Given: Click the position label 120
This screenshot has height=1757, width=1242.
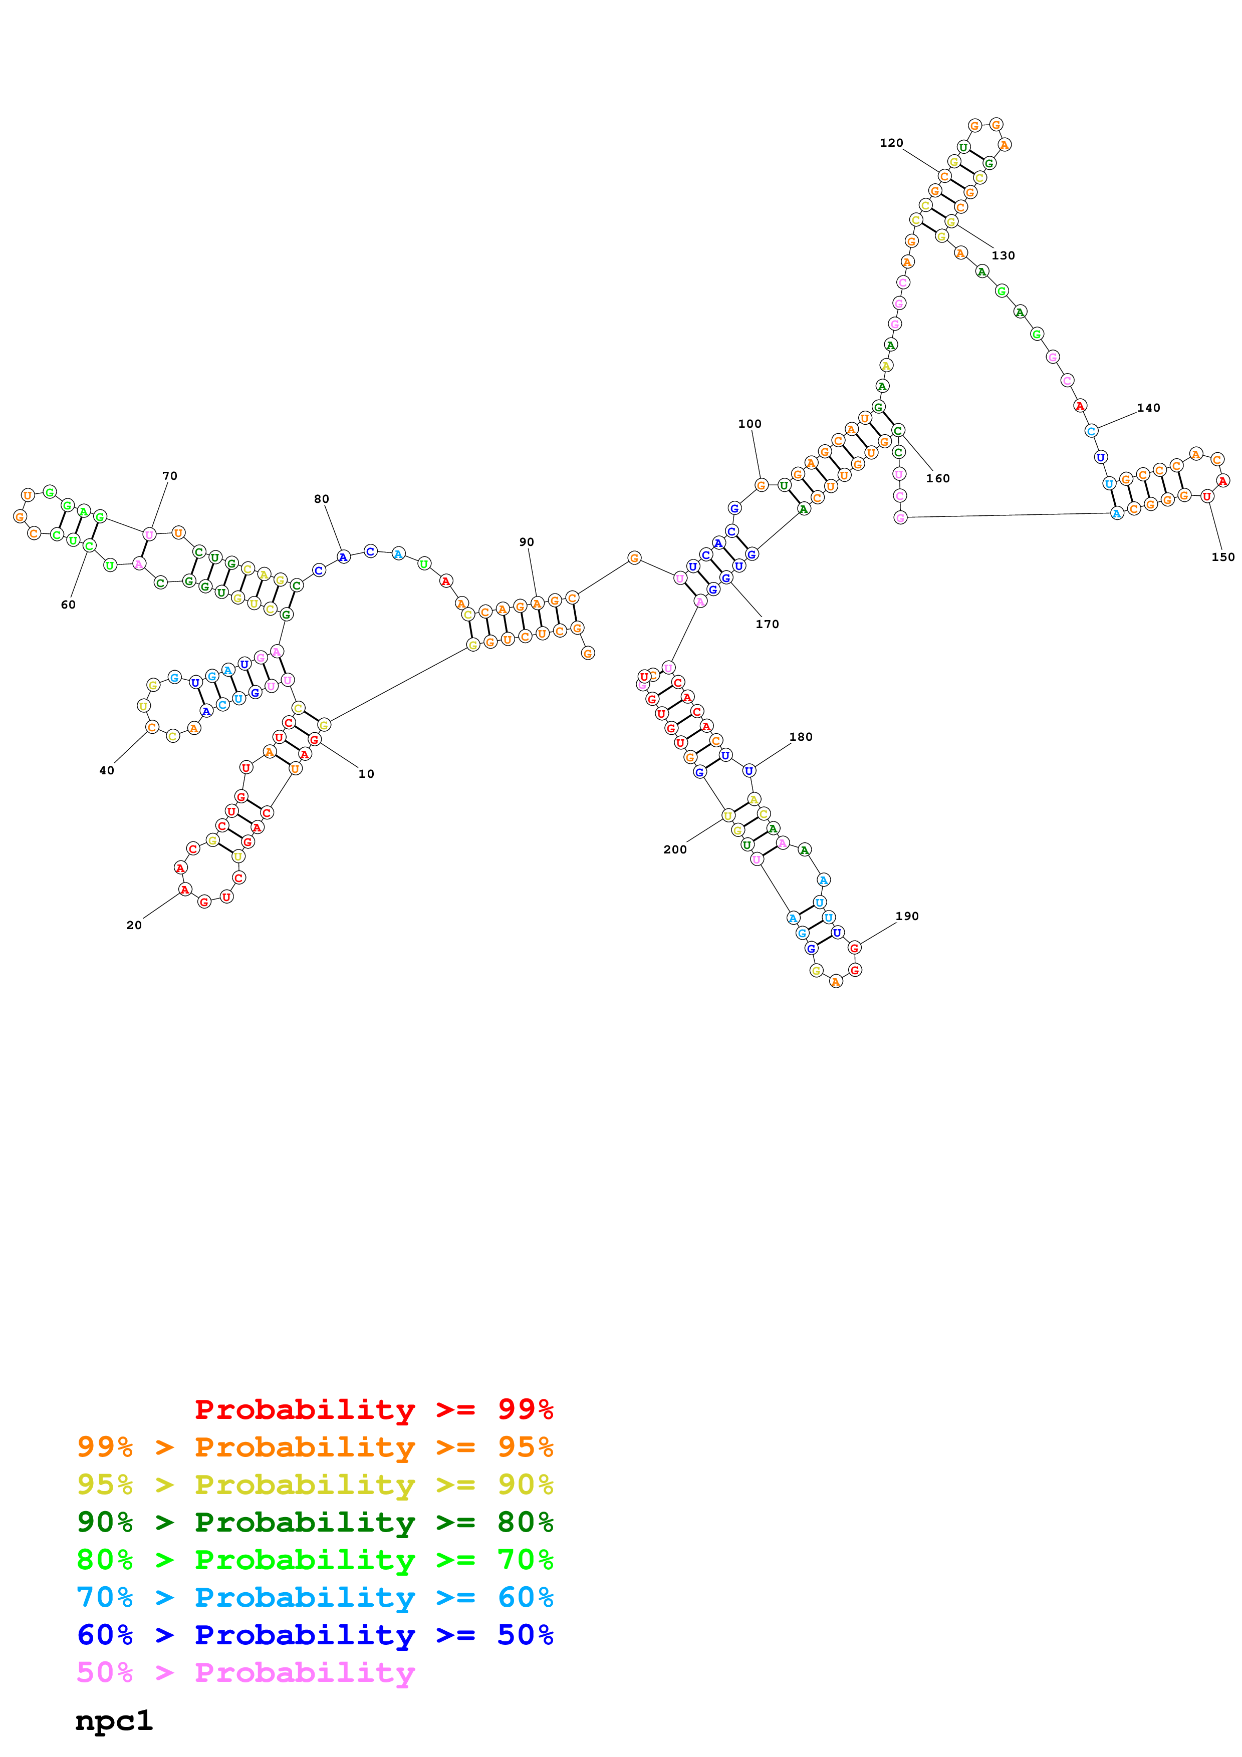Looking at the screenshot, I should click(x=891, y=143).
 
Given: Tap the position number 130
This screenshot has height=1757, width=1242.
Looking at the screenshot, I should click(x=1003, y=255).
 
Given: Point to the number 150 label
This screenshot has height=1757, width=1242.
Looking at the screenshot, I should click(x=1222, y=557).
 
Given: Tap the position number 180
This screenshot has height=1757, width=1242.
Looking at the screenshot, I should click(x=801, y=737).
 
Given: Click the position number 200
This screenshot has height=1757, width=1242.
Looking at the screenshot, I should click(x=675, y=849).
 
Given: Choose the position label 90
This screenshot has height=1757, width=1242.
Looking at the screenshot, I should click(x=527, y=542).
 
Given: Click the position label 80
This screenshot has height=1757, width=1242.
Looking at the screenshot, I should click(x=322, y=499).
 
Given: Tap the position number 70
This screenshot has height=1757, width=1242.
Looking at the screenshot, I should click(x=170, y=476).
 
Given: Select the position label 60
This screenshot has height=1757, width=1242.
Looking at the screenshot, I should click(x=68, y=605).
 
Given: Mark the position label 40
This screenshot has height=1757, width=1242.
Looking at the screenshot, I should click(x=106, y=771).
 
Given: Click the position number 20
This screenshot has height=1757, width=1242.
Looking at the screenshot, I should click(x=134, y=925).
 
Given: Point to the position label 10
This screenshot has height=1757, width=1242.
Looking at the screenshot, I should click(x=367, y=774).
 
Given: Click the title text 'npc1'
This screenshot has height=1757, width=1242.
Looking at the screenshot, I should click(x=114, y=1720).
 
